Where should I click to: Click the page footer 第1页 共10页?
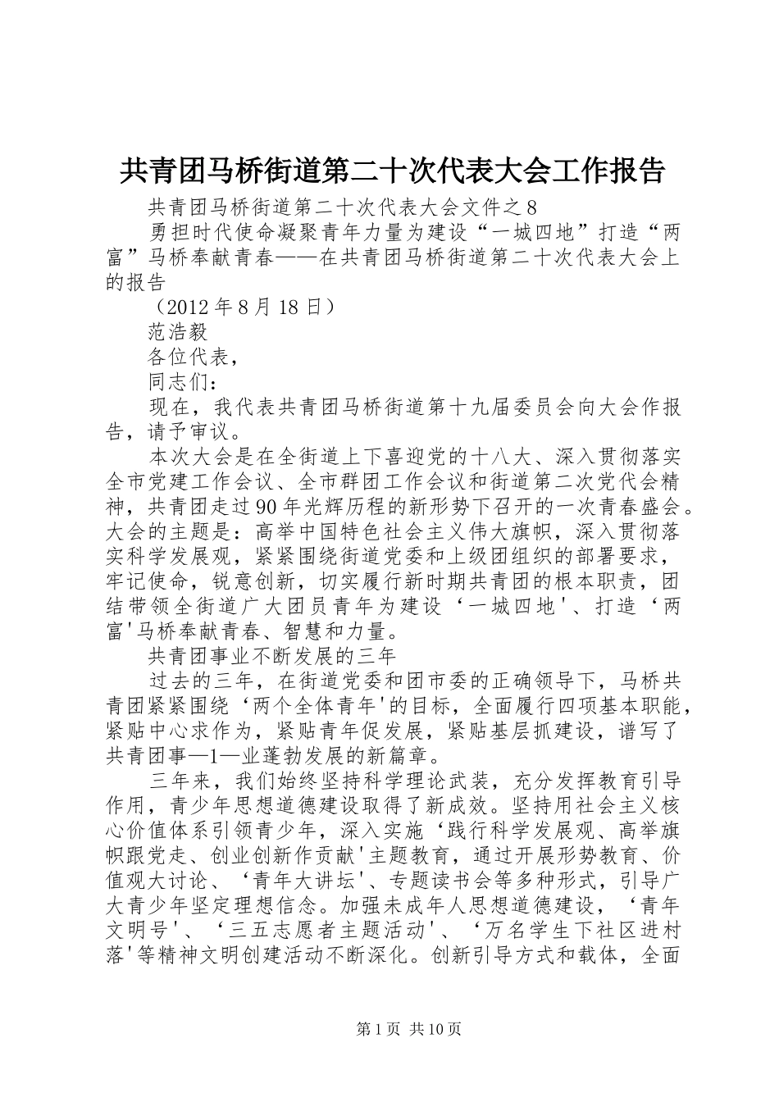tap(389, 1028)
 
